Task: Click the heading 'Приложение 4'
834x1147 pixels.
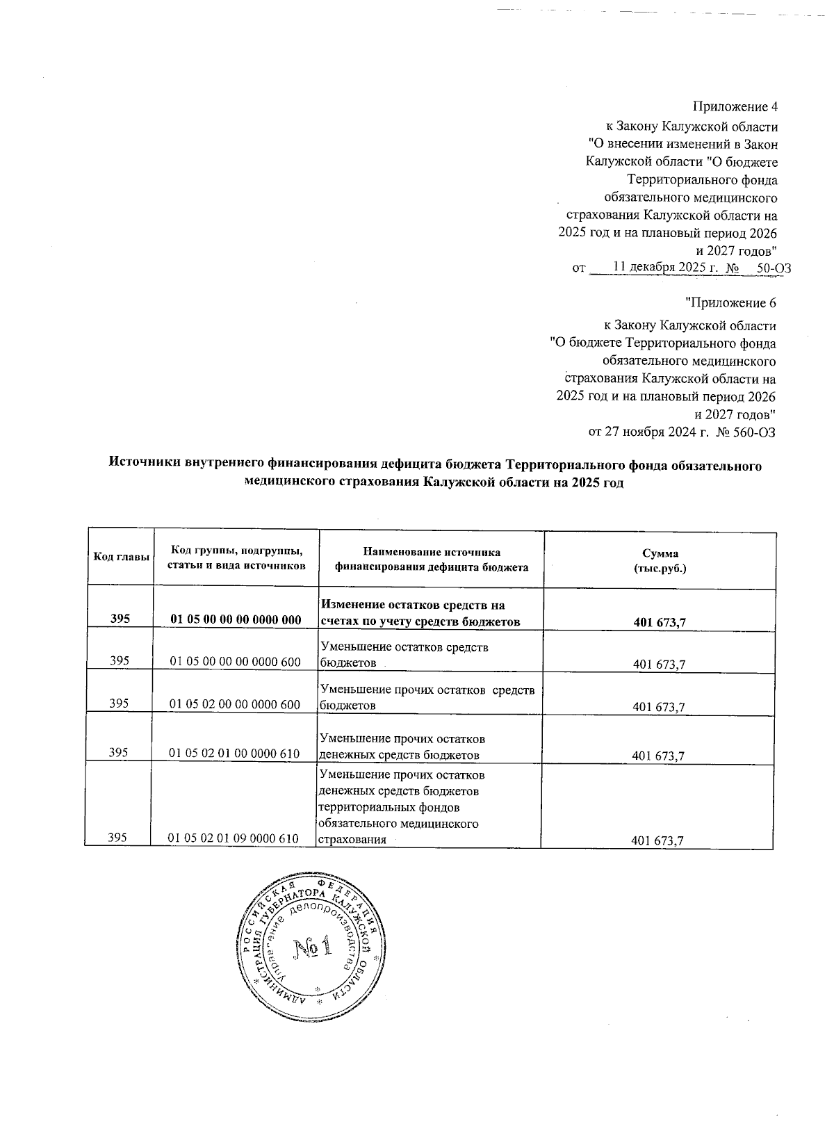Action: pos(735,107)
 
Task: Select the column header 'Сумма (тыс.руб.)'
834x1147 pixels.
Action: pos(660,560)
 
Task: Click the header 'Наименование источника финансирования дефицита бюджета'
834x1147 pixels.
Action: pos(431,560)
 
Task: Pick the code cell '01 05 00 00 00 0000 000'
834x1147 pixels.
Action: pos(236,621)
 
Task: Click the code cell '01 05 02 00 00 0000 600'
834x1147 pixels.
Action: pos(236,705)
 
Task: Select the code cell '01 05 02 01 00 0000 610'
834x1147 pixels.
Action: pos(236,756)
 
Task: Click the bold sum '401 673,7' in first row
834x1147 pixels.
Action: pos(660,622)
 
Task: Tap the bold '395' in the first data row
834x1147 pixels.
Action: pos(120,621)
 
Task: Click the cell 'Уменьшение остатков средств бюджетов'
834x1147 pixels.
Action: pos(404,655)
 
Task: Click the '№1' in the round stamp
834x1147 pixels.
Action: pos(311,947)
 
